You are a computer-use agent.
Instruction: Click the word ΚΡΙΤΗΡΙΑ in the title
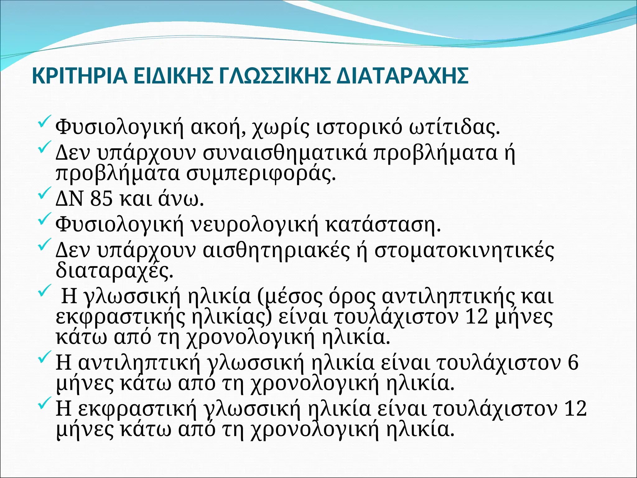tap(80, 76)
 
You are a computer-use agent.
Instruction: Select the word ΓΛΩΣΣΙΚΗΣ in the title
tap(274, 76)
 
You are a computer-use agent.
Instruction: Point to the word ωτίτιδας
tap(454, 127)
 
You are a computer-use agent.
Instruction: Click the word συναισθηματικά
tap(285, 153)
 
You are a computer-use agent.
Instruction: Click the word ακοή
tap(216, 127)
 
